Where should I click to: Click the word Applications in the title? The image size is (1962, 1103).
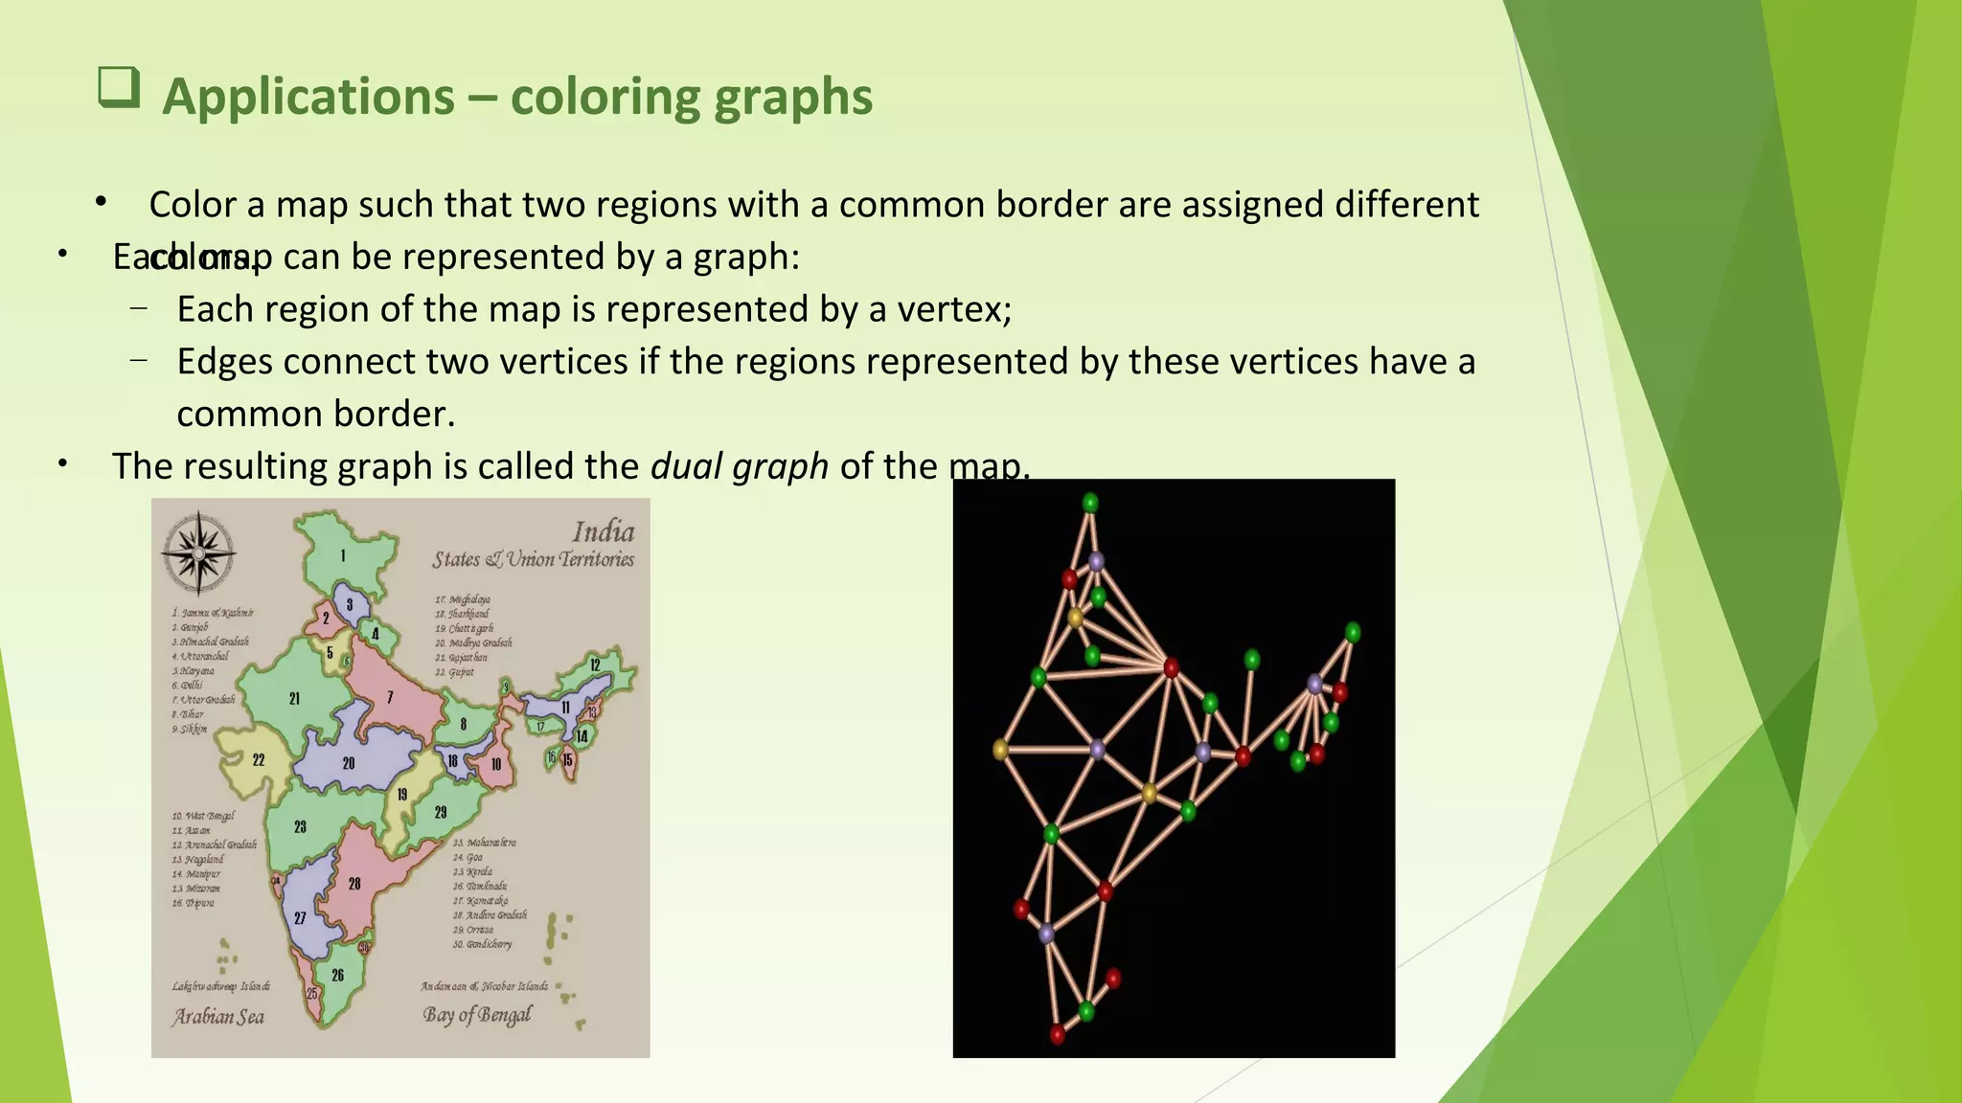coord(308,97)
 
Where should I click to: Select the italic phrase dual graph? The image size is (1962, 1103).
coord(739,466)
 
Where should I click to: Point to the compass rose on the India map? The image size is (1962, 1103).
coord(198,552)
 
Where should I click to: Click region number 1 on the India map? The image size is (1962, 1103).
coord(343,555)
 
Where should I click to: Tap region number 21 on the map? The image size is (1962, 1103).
coord(294,699)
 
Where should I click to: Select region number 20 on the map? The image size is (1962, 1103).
coord(349,763)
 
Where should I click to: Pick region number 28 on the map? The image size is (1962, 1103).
coord(354,883)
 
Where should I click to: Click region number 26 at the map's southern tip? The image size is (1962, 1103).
coord(337,975)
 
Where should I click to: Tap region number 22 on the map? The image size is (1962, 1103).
coord(259,760)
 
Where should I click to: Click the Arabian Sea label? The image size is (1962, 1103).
coord(218,1017)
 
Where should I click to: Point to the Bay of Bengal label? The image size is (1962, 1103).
coord(477,1015)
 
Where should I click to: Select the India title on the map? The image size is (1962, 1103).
coord(604,531)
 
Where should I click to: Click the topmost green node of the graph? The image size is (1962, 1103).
coord(1090,503)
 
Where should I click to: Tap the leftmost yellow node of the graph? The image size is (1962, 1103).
coord(1000,750)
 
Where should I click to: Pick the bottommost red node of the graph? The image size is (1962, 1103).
coord(1057,1034)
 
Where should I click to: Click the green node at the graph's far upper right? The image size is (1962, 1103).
coord(1353,632)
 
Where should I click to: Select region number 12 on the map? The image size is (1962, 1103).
coord(595,664)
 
